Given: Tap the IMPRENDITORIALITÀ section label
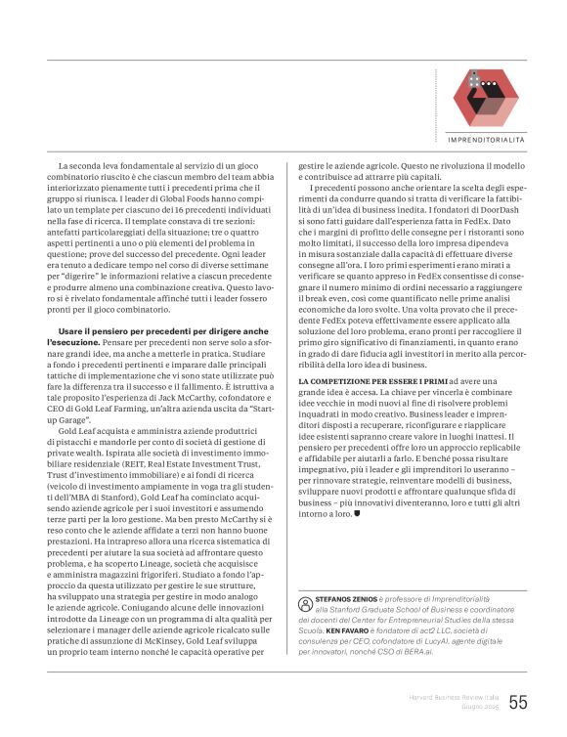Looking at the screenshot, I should [486, 141].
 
